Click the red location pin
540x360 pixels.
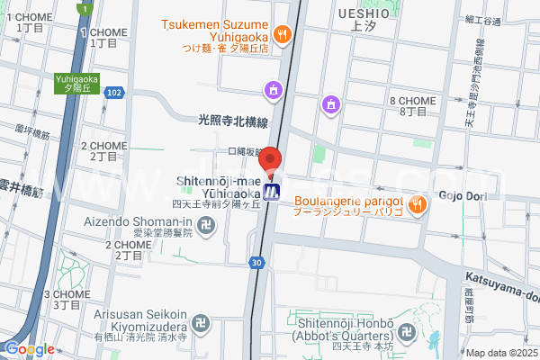[x=271, y=163]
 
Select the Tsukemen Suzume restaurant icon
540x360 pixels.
[x=282, y=34]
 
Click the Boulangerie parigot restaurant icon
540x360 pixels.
[x=415, y=204]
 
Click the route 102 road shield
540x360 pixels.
[x=113, y=92]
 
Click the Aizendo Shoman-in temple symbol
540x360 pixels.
[x=205, y=225]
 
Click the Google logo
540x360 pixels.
[x=29, y=349]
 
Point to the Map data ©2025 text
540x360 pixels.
[x=500, y=353]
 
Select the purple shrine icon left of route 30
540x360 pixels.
[x=272, y=88]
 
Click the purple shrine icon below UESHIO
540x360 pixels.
[x=331, y=103]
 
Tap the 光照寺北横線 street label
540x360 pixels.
[x=233, y=120]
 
